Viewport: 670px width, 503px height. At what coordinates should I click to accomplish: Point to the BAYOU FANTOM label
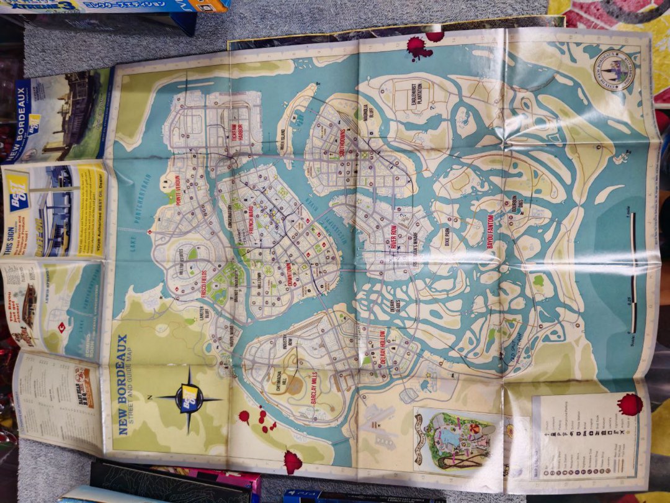click(x=490, y=239)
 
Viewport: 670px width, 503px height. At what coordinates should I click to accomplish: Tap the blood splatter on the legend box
click(x=629, y=405)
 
